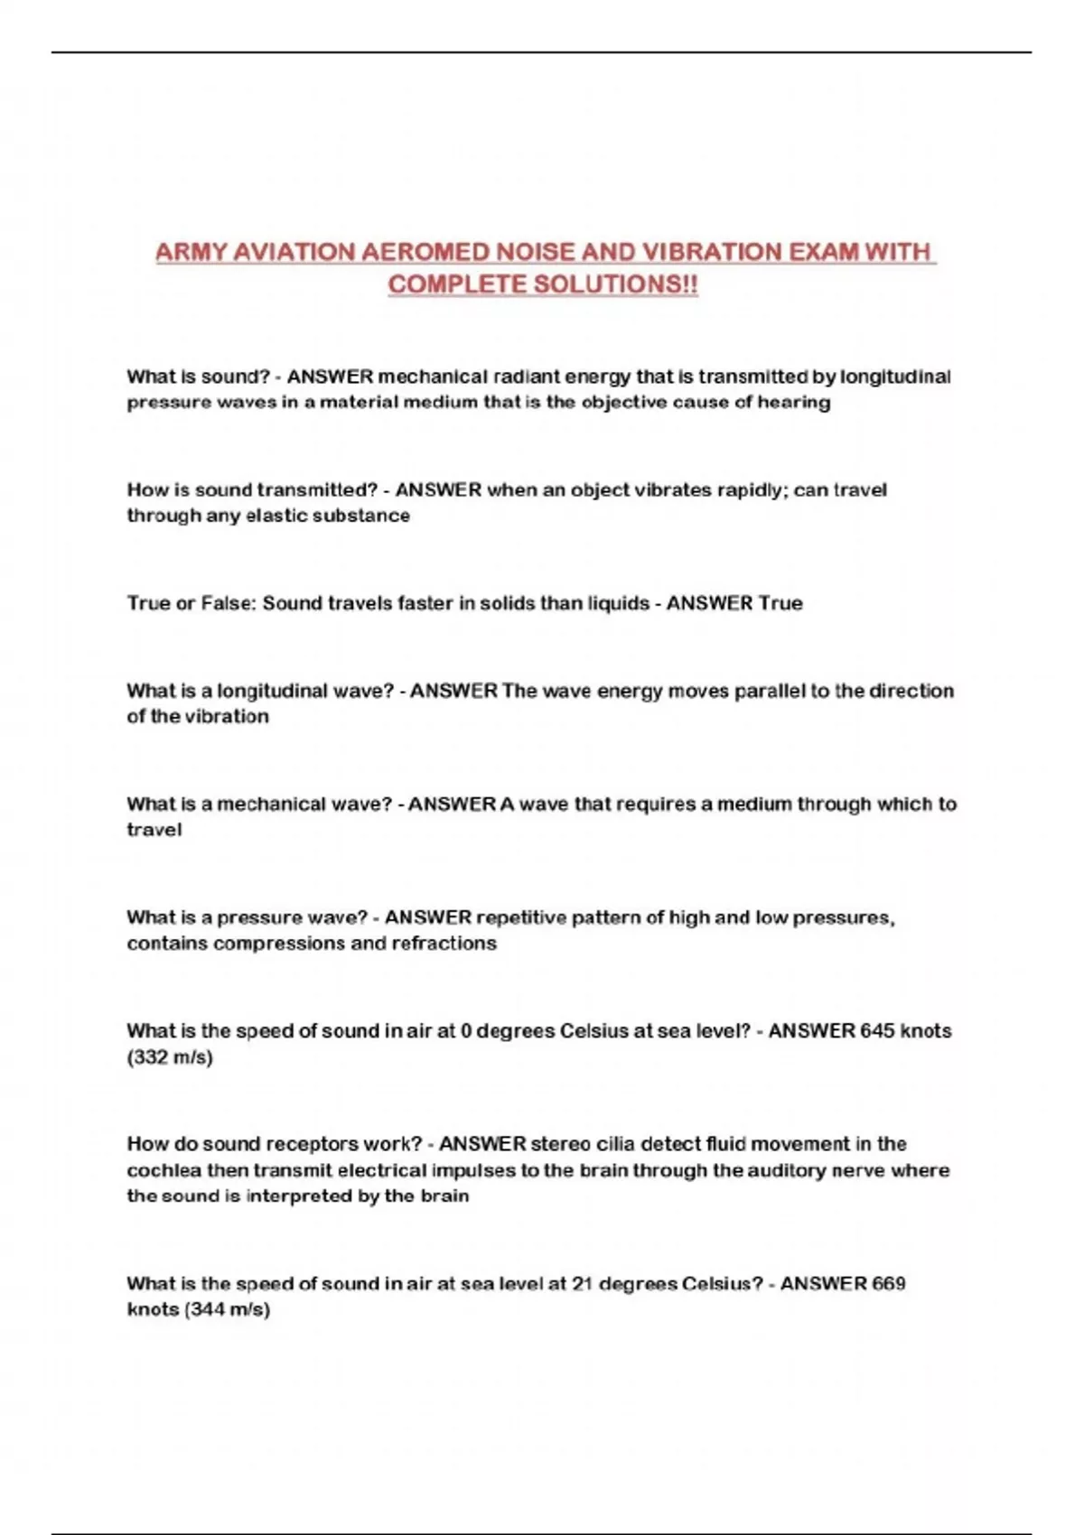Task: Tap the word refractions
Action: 444,944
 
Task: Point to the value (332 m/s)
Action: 170,1057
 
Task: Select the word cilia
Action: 614,1144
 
